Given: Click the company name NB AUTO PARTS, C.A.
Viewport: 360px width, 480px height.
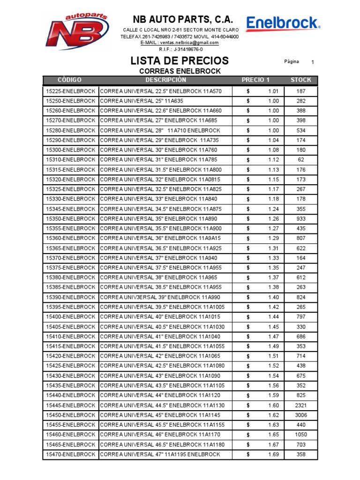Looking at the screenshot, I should [183, 19].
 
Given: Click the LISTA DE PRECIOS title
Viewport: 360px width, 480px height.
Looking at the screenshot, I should [180, 61].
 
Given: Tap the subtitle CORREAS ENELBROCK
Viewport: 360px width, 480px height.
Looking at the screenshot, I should [180, 71].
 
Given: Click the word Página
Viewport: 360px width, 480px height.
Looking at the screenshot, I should [292, 62].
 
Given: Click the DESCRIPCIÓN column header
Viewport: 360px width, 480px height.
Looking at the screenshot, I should [165, 80].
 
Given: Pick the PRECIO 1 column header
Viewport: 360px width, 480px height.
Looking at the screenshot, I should [255, 80].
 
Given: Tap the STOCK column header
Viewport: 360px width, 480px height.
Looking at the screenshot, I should [300, 80].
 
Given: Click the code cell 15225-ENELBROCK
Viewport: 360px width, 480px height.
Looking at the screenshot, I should [70, 91].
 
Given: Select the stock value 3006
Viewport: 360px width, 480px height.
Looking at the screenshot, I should [300, 415].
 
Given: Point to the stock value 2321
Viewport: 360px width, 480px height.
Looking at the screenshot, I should [300, 405].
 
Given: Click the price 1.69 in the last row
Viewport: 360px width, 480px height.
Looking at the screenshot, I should [273, 454].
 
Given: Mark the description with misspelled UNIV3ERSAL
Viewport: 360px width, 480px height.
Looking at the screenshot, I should [159, 297].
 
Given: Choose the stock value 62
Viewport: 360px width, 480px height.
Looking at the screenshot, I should [300, 160].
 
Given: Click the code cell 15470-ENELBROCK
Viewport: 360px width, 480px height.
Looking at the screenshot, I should [70, 454].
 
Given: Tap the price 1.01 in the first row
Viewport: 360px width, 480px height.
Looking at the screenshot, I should [273, 91].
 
